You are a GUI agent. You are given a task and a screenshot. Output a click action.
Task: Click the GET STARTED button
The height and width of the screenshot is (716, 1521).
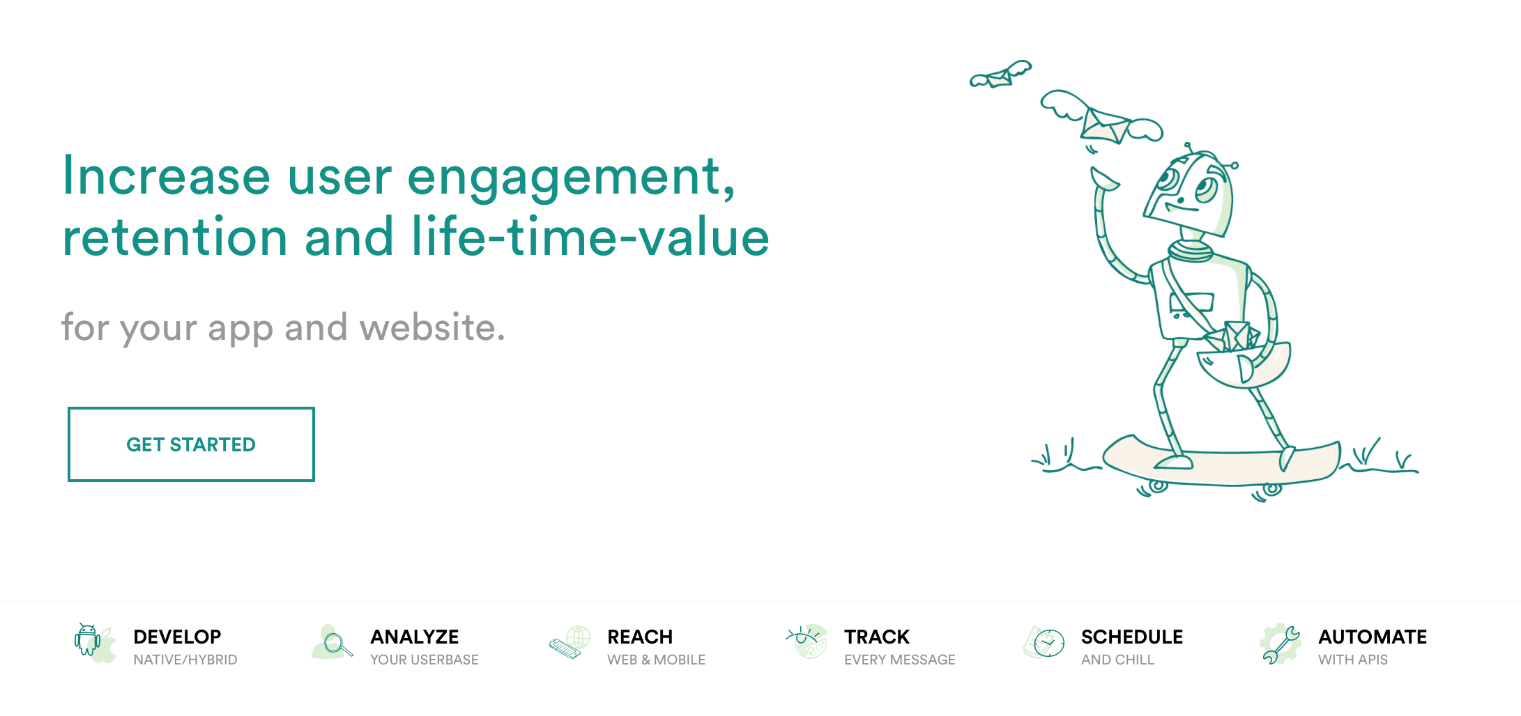(191, 444)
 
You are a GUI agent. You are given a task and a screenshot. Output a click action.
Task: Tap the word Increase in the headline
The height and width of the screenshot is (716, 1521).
(167, 176)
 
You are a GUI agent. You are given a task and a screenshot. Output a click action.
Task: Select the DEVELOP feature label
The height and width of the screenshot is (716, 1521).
(177, 637)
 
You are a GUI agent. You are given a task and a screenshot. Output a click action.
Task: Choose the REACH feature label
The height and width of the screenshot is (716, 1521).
(640, 637)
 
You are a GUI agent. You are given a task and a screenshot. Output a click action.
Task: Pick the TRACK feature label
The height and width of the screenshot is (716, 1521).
(877, 637)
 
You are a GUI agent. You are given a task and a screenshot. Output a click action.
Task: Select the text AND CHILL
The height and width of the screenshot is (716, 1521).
(1117, 660)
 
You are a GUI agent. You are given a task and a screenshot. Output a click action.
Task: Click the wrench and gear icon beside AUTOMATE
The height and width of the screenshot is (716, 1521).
(1281, 644)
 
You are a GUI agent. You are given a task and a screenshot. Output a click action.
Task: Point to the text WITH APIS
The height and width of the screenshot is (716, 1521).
(1352, 660)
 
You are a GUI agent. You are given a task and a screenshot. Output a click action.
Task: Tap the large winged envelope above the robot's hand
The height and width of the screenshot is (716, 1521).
(1104, 120)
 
